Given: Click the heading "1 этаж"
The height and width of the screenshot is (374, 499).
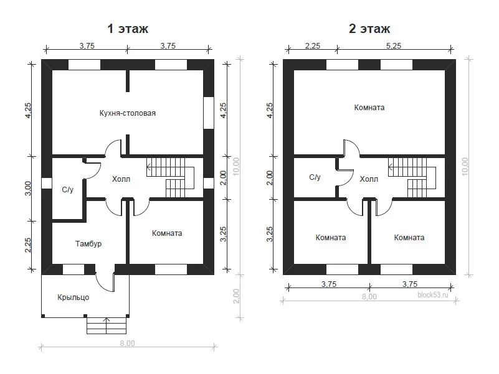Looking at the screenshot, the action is click(x=128, y=29).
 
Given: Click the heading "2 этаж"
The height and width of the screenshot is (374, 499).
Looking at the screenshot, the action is click(x=369, y=29).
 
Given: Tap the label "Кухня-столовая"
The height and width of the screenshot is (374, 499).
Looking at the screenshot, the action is click(x=128, y=113).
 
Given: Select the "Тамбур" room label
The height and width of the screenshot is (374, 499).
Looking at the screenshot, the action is click(x=88, y=243).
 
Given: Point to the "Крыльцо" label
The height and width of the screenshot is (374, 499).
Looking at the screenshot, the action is click(x=73, y=297).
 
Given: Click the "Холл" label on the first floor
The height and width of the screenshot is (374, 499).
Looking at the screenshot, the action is click(x=121, y=179).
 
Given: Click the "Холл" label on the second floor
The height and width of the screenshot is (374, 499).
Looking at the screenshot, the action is click(x=369, y=179).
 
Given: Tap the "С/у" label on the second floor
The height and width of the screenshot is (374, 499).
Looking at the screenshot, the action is click(x=315, y=177).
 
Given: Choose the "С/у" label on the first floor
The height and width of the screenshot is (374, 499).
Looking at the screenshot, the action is click(x=67, y=190).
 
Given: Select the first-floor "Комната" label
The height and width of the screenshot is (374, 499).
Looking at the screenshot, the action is click(x=167, y=233).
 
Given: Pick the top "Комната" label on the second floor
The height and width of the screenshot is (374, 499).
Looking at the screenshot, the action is click(x=369, y=108).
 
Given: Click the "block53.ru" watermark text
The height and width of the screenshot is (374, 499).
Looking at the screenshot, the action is click(x=433, y=295).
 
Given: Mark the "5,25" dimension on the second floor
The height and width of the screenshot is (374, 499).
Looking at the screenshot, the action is click(x=394, y=46).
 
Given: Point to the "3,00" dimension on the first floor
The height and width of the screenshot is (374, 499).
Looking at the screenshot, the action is click(x=28, y=189).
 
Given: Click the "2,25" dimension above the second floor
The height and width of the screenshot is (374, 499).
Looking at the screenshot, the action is click(x=313, y=46).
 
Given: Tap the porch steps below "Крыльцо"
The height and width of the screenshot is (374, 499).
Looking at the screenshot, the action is click(x=107, y=325).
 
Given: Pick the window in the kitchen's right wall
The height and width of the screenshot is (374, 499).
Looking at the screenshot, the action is click(x=209, y=113).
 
